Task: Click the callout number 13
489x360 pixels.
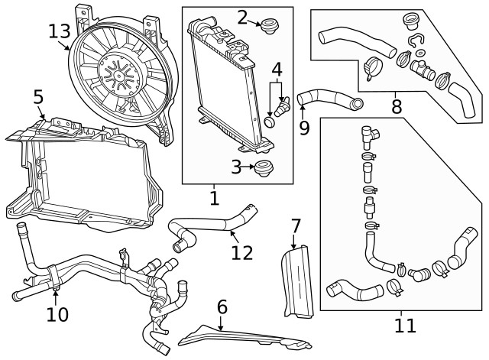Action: pyautogui.click(x=59, y=32)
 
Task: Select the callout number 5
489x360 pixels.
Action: pyautogui.click(x=38, y=97)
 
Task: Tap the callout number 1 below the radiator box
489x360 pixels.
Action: pyautogui.click(x=214, y=199)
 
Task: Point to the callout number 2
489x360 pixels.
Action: pyautogui.click(x=242, y=17)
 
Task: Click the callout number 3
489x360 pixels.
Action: pyautogui.click(x=237, y=167)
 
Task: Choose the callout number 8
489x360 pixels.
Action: pyautogui.click(x=396, y=105)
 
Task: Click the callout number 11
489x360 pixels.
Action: pyautogui.click(x=405, y=326)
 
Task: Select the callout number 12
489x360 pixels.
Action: pyautogui.click(x=241, y=251)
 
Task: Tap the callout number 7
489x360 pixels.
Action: pyautogui.click(x=296, y=226)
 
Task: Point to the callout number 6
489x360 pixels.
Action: pyautogui.click(x=222, y=307)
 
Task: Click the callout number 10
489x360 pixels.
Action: pyautogui.click(x=57, y=313)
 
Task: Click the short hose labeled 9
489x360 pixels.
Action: pyautogui.click(x=329, y=99)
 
